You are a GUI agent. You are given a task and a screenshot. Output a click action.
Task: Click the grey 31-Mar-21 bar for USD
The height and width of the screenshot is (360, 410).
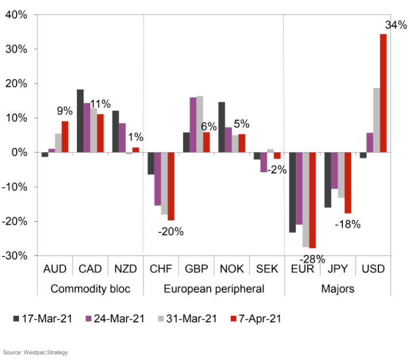pos(376,120)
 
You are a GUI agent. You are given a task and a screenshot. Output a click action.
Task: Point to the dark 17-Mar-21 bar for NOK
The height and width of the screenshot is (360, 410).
pos(221,127)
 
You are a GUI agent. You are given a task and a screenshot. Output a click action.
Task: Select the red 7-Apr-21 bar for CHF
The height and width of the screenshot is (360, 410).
pos(171,186)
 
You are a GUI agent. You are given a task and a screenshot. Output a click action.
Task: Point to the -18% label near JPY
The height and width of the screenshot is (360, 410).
pos(347,224)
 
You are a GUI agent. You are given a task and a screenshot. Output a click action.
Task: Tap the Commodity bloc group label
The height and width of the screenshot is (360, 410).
pos(90,289)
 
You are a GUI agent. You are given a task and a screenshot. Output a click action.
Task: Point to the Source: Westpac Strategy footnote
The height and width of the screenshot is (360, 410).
pos(36,352)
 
